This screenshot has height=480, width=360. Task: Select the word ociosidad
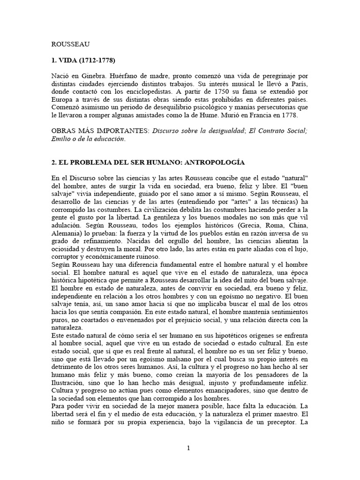(67, 249)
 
